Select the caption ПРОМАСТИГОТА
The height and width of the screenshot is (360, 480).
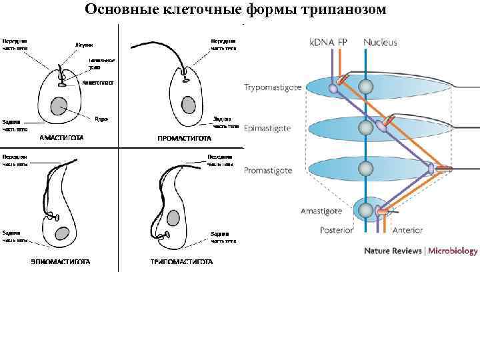185,139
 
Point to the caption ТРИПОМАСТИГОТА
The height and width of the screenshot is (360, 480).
181,261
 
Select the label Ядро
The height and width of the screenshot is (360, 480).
101,119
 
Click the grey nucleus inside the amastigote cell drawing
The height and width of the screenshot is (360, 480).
59,105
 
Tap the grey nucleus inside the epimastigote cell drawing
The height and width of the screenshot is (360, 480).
62,233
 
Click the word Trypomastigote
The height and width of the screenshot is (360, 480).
273,87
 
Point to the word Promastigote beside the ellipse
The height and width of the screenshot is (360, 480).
268,171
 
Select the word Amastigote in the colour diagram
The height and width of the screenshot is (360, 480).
321,211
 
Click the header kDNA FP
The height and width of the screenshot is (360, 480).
329,42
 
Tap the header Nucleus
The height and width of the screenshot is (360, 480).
380,42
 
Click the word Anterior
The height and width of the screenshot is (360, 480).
408,231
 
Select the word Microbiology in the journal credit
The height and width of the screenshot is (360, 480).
453,251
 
